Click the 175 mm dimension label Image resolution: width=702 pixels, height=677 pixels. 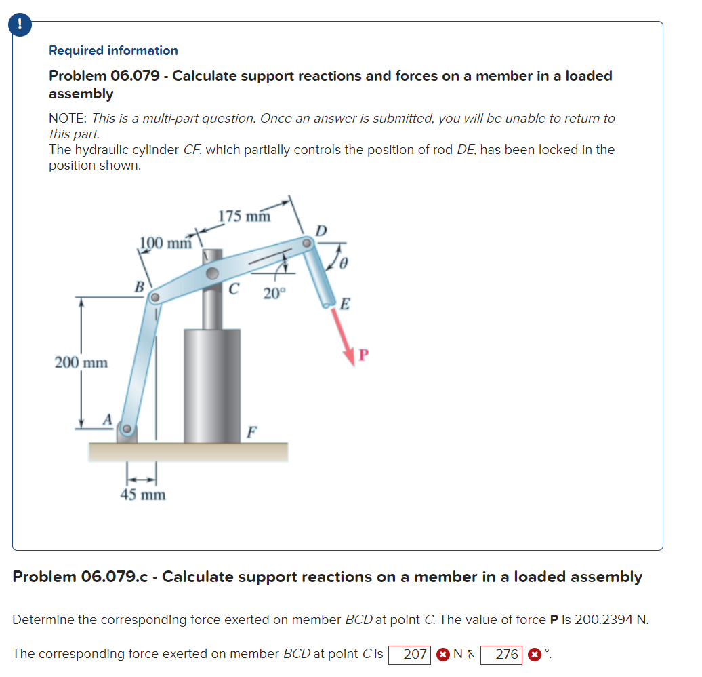(244, 216)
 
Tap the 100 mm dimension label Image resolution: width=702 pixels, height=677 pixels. (165, 243)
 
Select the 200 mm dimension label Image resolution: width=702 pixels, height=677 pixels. (81, 362)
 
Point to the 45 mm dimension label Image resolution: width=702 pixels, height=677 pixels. (143, 495)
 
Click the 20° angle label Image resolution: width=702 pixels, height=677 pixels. (275, 293)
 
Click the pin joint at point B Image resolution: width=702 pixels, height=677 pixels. (155, 297)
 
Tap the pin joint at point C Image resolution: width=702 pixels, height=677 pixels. (213, 273)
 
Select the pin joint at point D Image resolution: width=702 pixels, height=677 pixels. (307, 241)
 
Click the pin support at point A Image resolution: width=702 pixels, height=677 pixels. (125, 429)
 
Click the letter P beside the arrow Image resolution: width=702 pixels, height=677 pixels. (364, 355)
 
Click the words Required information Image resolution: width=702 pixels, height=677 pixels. (113, 51)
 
